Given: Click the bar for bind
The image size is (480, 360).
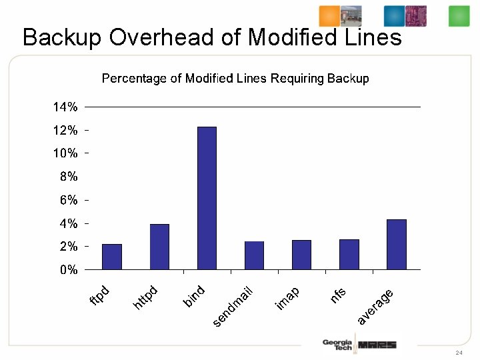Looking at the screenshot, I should coord(207,198).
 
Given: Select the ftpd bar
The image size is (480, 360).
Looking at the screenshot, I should coord(112,257).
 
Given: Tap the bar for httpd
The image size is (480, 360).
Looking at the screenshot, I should coord(159,247).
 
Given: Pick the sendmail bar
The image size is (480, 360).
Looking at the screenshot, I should coord(254,255).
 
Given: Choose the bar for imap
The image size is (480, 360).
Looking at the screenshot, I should coord(301,255).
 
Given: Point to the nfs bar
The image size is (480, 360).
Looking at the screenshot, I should coord(349,254).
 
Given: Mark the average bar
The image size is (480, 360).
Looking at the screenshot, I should coord(397,244).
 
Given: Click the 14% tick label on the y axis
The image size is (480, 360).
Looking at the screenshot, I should coord(65,107).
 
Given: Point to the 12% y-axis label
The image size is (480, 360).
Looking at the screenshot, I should coord(65,130).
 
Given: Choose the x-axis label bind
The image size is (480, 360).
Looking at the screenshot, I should coord(194,297).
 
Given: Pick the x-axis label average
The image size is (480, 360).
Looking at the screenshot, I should coord(375,307).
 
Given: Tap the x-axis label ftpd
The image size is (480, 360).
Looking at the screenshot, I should coord(99,297).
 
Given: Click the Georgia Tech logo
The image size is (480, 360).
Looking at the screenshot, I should coord(337,345).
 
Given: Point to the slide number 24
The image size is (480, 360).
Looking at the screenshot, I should coord(459,352).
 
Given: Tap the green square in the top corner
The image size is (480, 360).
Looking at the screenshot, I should coord(459,16).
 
